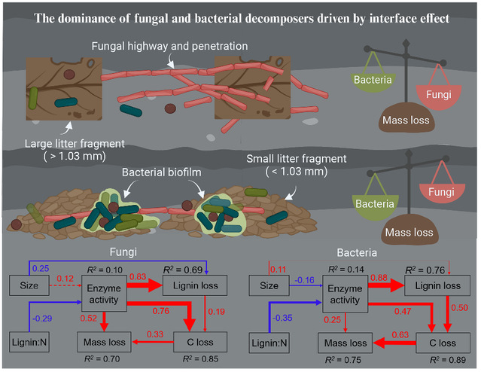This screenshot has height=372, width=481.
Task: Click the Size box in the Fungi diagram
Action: pos(25,285)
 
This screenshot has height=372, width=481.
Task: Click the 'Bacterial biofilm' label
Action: pos(164,172)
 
